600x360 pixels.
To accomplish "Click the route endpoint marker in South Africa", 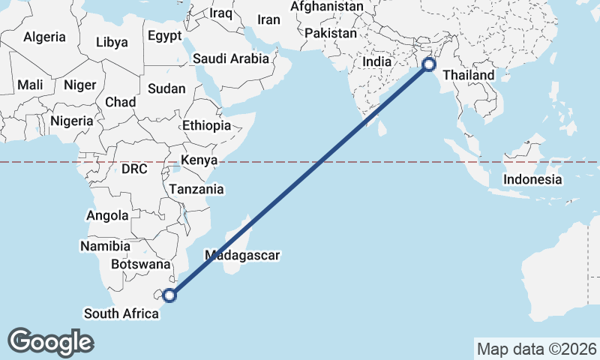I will [169, 295].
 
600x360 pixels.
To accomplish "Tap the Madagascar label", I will [241, 255].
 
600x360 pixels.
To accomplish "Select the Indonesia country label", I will [532, 179].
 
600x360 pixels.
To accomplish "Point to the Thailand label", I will [469, 75].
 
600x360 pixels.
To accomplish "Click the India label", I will [377, 62].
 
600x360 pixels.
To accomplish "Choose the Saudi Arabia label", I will [231, 58].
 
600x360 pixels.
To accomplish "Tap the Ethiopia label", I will [206, 125].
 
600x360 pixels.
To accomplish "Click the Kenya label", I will [199, 160].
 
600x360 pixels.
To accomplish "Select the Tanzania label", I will [196, 190].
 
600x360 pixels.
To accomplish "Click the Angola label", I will [108, 216].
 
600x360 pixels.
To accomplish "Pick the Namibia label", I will [105, 245].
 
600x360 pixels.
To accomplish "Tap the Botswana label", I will [140, 264].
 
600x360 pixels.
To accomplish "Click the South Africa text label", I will [121, 313].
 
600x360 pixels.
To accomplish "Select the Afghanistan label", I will [326, 7].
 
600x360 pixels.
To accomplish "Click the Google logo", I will [50, 341].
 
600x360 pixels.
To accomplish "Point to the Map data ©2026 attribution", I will [536, 349].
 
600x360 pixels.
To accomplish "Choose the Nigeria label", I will [72, 120].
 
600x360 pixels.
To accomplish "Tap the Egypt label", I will [164, 36].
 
